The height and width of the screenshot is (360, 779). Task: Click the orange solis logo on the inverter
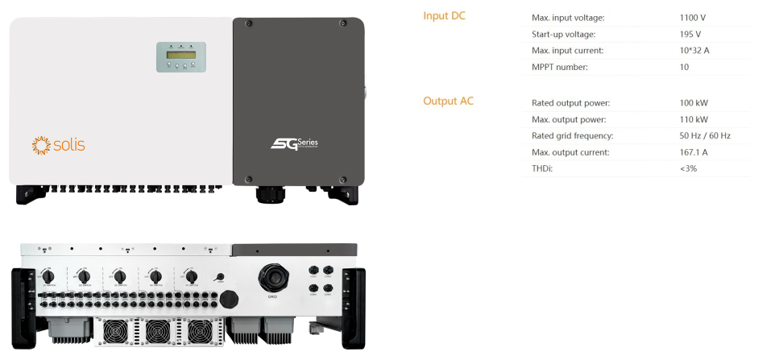[x=58, y=145]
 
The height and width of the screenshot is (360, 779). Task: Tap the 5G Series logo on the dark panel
[x=294, y=144]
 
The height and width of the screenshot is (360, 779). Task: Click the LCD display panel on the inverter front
[x=180, y=57]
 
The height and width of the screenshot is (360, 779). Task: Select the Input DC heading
[x=443, y=16]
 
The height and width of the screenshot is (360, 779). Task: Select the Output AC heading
[x=448, y=101]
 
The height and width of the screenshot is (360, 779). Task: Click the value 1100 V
[x=694, y=17]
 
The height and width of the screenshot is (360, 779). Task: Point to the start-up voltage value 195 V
[x=690, y=34]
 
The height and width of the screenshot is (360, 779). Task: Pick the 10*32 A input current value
[x=694, y=50]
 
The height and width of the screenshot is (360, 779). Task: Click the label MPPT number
[x=560, y=67]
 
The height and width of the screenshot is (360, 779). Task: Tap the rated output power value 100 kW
[x=694, y=103]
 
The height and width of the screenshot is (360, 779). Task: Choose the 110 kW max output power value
[x=694, y=119]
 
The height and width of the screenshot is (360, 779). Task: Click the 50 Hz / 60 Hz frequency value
[x=705, y=135]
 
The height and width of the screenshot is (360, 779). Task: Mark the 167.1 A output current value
[x=694, y=152]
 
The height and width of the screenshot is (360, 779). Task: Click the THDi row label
[x=542, y=168]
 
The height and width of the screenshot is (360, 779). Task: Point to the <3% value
[x=689, y=168]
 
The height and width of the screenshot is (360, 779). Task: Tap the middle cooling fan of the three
[x=159, y=330]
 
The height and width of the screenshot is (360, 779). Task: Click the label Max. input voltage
[x=568, y=17]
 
